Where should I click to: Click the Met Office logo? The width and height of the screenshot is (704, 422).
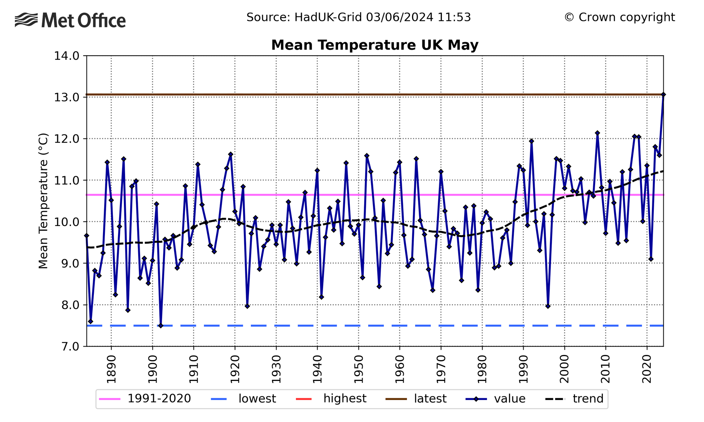[70, 20]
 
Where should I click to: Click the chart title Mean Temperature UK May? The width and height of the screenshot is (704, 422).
[375, 45]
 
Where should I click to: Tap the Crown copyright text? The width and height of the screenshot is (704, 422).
[619, 17]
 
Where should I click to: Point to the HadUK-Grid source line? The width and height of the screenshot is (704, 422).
[358, 17]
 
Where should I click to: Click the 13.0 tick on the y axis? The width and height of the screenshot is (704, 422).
[67, 97]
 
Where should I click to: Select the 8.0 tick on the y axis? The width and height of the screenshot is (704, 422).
[67, 305]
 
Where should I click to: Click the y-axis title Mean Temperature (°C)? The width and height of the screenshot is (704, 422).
[43, 201]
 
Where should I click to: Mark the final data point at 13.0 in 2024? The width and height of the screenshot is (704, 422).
[663, 95]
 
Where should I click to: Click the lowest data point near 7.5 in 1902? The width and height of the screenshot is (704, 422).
[161, 326]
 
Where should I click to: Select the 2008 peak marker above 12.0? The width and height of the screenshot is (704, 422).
[597, 133]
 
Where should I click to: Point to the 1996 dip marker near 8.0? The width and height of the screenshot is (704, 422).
[548, 306]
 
